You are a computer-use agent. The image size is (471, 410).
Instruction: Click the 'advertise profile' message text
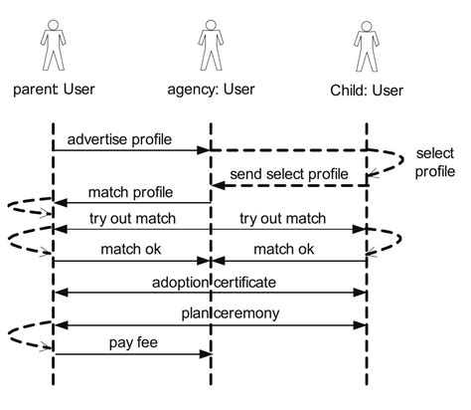pyautogui.click(x=120, y=139)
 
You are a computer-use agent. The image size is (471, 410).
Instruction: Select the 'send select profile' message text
pyautogui.click(x=289, y=175)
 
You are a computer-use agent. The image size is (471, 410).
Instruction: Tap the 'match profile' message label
pyautogui.click(x=131, y=192)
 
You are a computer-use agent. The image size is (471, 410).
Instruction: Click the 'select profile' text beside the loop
pyautogui.click(x=435, y=162)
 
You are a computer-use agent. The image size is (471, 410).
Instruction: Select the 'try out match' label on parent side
pyautogui.click(x=131, y=219)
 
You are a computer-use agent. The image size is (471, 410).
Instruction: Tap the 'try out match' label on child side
pyautogui.click(x=288, y=219)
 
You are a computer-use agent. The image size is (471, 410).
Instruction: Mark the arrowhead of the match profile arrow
pyautogui.click(x=59, y=203)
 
